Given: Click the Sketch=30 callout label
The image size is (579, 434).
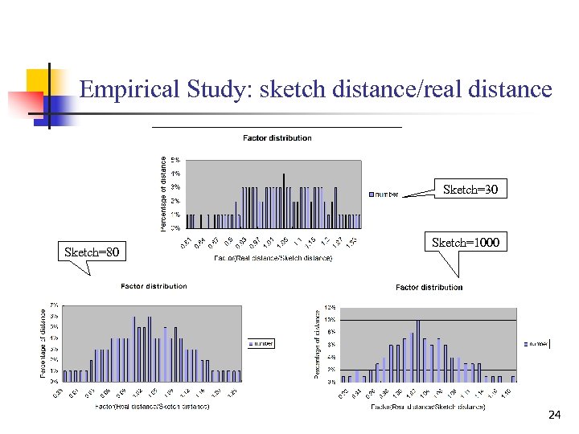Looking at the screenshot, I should point(470,190).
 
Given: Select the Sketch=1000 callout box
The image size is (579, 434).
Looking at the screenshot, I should point(465,242).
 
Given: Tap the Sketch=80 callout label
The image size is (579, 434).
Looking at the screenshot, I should point(92,252).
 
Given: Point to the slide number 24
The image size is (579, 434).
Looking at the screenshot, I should point(554,415).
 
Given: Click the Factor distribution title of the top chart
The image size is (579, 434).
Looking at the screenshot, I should point(277,138).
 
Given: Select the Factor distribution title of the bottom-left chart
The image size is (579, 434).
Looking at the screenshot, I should point(154,286).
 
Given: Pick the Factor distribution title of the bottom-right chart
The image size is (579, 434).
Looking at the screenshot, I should point(429,287).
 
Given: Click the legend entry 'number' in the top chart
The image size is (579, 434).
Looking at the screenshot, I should point(384,194).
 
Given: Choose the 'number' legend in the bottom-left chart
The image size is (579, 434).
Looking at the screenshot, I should point(261,343).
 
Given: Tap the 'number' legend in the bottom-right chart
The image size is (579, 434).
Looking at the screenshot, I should point(536,344).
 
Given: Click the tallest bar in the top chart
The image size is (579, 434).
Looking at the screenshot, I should point(284,200).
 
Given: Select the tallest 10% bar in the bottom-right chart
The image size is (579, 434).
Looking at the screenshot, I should point(418,350).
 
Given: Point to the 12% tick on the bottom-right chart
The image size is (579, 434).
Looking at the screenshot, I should point(330,308).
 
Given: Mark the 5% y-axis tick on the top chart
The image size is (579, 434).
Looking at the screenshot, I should point(175,160).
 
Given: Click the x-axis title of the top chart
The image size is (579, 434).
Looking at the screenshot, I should point(273,259).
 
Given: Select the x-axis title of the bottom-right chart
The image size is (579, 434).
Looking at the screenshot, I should point(429,407).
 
